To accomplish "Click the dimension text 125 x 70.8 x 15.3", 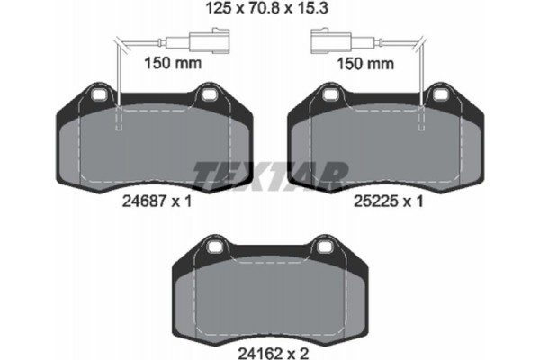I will click(x=270, y=12).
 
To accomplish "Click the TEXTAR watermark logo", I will click(x=270, y=172).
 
